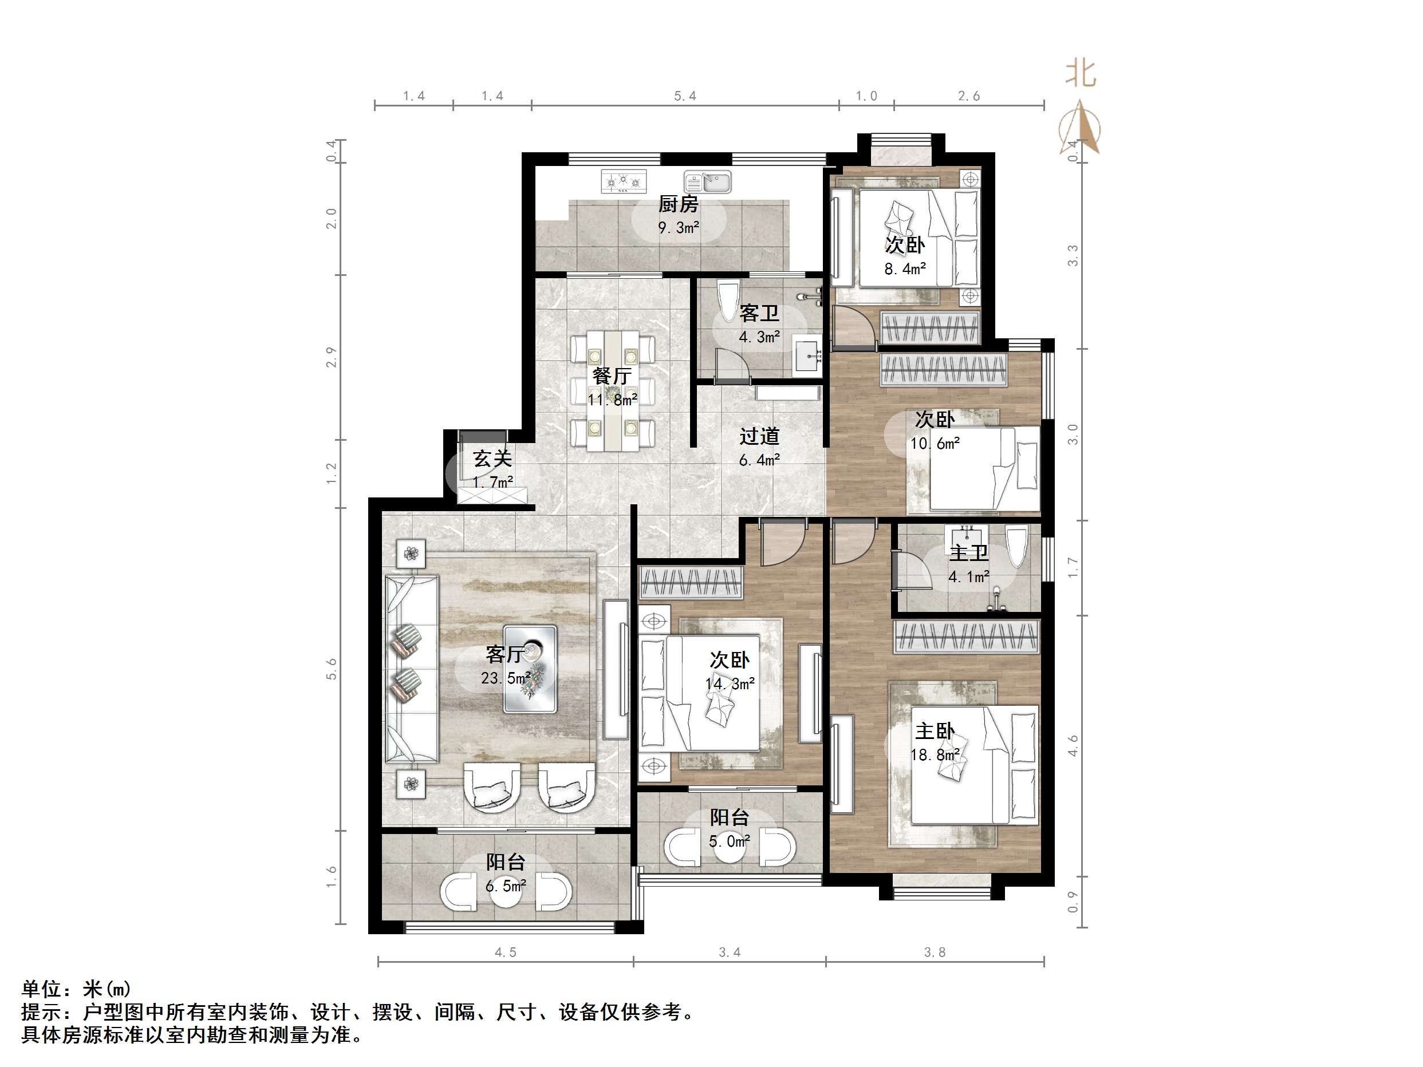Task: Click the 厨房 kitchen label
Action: (678, 204)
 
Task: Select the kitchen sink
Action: (707, 182)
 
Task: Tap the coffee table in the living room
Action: (530, 669)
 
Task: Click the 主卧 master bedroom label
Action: (935, 731)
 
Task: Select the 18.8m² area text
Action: (935, 754)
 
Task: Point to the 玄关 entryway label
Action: (492, 459)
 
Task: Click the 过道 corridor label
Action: (759, 436)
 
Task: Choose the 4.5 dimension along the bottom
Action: (505, 953)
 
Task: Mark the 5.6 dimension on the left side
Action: (332, 669)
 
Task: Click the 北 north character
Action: (1081, 74)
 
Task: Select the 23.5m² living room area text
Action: (506, 678)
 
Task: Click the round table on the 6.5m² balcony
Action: (506, 890)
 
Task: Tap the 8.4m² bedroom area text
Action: (905, 269)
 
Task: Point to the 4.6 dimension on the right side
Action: (1073, 746)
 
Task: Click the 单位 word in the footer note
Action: (42, 989)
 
